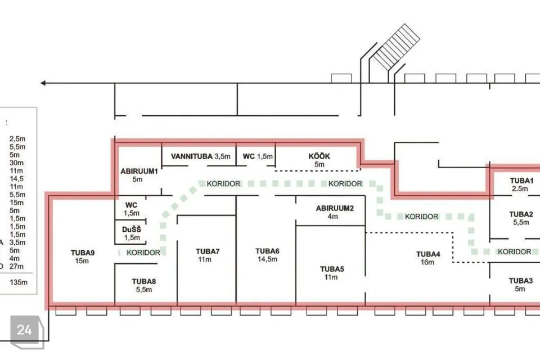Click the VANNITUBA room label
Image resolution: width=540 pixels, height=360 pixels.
pyautogui.click(x=191, y=156)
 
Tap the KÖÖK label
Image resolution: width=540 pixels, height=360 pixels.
pyautogui.click(x=319, y=156)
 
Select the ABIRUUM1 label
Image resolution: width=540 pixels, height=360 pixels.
pyautogui.click(x=139, y=171)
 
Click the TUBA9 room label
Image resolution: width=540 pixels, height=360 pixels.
pyautogui.click(x=83, y=253)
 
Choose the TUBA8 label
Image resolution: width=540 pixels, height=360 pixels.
pyautogui.click(x=144, y=281)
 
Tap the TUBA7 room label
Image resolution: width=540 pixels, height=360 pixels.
pyautogui.click(x=208, y=251)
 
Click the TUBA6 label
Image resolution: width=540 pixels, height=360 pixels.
pyautogui.click(x=267, y=251)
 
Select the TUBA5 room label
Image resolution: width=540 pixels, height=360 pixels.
pyautogui.click(x=332, y=269)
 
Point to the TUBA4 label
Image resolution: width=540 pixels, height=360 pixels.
pyautogui.click(x=428, y=254)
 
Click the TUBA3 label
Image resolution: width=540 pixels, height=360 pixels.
pyautogui.click(x=521, y=281)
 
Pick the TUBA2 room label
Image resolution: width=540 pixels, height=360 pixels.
pyautogui.click(x=521, y=214)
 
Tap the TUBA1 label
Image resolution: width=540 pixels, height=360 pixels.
pyautogui.click(x=521, y=181)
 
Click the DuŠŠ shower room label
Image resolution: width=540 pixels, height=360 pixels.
pyautogui.click(x=132, y=229)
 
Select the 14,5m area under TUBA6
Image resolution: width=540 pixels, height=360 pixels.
pyautogui.click(x=267, y=259)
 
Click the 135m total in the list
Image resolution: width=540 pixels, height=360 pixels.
pyautogui.click(x=19, y=282)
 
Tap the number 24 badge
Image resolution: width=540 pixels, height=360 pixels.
pyautogui.click(x=24, y=330)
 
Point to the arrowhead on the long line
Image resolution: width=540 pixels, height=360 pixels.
pyautogui.click(x=43, y=83)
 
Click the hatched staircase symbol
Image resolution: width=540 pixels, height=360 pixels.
pyautogui.click(x=397, y=47)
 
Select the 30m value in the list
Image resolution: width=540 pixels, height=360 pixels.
pyautogui.click(x=16, y=163)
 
